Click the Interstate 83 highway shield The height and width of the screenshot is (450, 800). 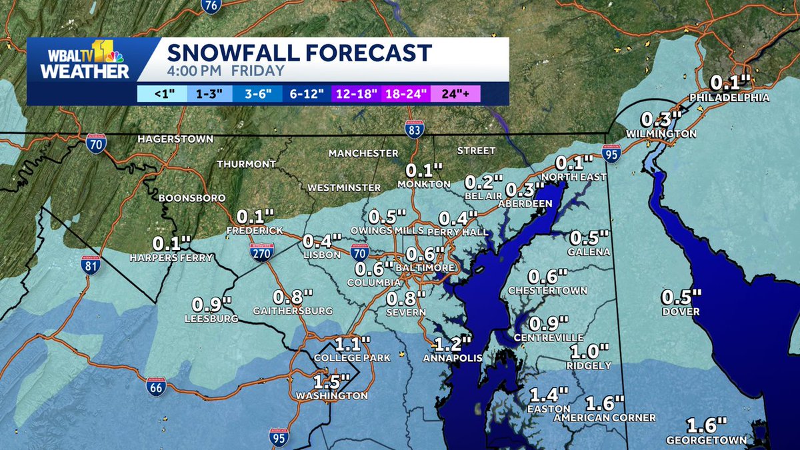(x=414, y=131)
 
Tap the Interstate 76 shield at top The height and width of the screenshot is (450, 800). (x=211, y=6)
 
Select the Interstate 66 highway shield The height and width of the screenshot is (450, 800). (x=156, y=387)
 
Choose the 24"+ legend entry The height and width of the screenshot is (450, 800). (x=455, y=94)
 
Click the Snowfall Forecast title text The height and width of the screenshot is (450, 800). (x=299, y=53)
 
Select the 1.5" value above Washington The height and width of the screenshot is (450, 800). (x=332, y=382)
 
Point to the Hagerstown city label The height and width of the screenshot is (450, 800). (x=175, y=139)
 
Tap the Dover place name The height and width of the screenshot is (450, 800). (x=681, y=311)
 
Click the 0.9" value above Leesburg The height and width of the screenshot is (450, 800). (x=211, y=304)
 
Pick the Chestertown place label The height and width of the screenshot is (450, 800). (x=547, y=291)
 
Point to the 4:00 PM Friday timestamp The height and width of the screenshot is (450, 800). (x=225, y=71)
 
